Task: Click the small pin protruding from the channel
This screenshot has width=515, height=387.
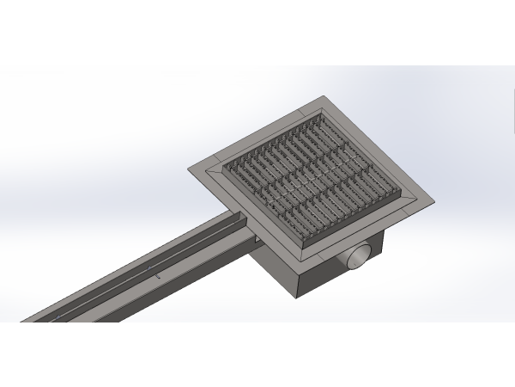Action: point(158,277)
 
